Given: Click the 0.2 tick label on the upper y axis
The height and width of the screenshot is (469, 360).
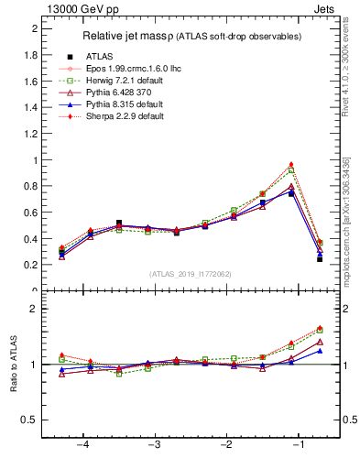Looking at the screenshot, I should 30,265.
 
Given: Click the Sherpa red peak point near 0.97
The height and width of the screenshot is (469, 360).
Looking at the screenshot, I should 291,164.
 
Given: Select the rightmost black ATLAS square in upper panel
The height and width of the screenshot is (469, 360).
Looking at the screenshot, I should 320,259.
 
